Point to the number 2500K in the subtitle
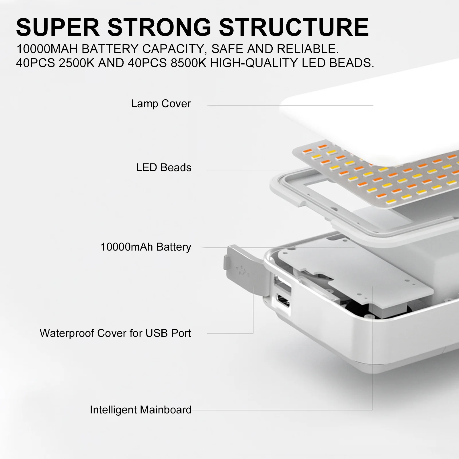pyautogui.click(x=77, y=63)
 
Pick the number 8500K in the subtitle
pyautogui.click(x=188, y=63)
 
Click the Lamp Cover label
pyautogui.click(x=161, y=103)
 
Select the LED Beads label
pyautogui.click(x=163, y=167)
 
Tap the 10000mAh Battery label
pyautogui.click(x=146, y=247)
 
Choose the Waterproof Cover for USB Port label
pyautogui.click(x=115, y=333)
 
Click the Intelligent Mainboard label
pyautogui.click(x=140, y=410)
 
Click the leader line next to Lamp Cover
pyautogui.click(x=290, y=105)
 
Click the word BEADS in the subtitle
pyautogui.click(x=352, y=63)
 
